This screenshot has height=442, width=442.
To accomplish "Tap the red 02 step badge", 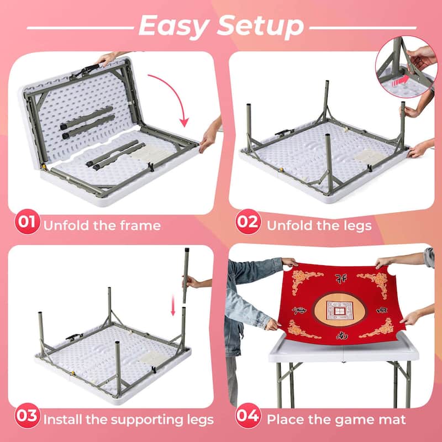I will pyautogui.click(x=248, y=224).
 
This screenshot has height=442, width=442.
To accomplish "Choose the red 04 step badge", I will pyautogui.click(x=248, y=418).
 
